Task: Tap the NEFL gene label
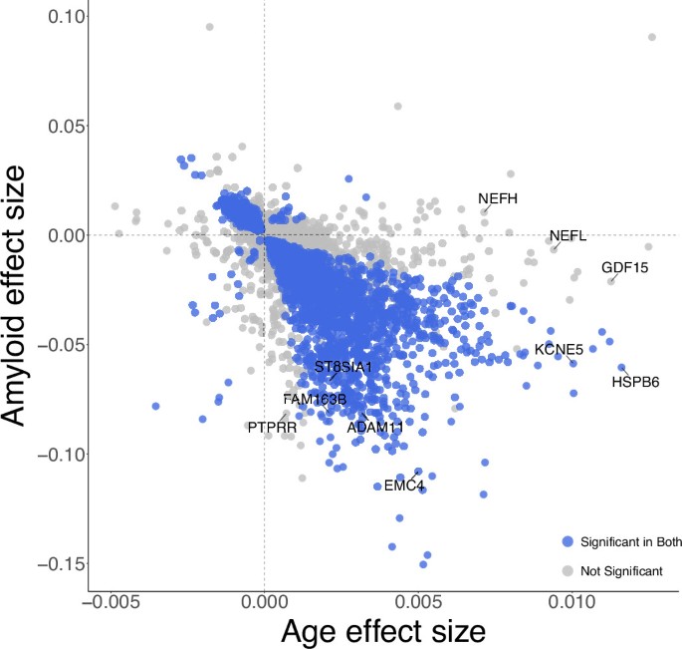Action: [x=568, y=236]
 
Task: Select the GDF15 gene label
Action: [x=624, y=267]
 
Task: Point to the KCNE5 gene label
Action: [x=559, y=350]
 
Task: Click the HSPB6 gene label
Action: [x=635, y=381]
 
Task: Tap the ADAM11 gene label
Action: [x=375, y=427]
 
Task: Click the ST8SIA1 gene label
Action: [x=343, y=367]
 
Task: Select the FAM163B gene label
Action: [x=315, y=400]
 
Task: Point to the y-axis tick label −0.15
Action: [x=48, y=563]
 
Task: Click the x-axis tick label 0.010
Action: [x=572, y=604]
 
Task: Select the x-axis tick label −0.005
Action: [x=110, y=604]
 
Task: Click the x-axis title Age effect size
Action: [x=382, y=631]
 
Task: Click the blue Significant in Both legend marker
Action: [x=568, y=540]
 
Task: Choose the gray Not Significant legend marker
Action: [x=568, y=570]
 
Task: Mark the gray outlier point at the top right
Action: [x=652, y=37]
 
